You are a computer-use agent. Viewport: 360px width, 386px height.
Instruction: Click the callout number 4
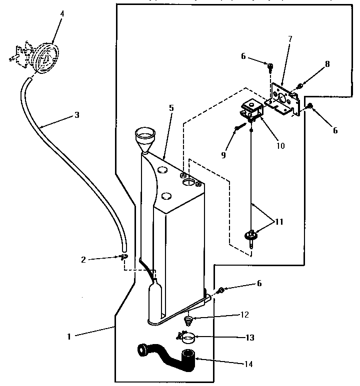point(62,13)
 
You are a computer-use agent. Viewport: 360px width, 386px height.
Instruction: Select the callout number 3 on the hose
point(76,114)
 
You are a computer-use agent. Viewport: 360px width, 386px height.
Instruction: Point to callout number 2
point(83,259)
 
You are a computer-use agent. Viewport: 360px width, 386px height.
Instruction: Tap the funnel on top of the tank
point(145,137)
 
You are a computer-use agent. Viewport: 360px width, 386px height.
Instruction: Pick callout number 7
point(290,38)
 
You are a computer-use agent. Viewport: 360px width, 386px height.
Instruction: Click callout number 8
point(327,63)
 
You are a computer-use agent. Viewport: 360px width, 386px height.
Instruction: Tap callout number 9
point(223,155)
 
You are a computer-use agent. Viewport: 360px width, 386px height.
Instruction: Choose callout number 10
point(280,146)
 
